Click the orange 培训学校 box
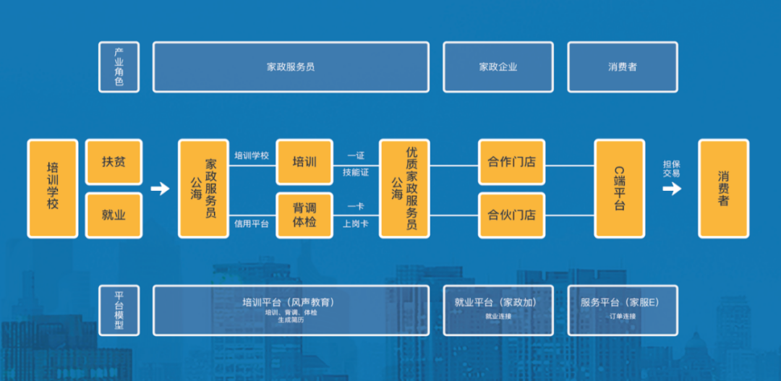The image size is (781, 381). click(52, 189)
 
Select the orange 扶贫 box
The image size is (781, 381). click(114, 162)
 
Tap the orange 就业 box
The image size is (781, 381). click(114, 215)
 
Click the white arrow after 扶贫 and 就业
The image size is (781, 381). click(160, 189)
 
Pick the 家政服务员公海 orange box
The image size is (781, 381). click(203, 189)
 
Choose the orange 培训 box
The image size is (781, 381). click(304, 162)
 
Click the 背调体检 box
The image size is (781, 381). click(304, 215)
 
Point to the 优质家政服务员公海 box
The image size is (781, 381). click(405, 189)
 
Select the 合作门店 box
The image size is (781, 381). click(511, 162)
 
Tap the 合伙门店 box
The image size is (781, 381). click(511, 215)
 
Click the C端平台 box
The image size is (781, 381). click(619, 189)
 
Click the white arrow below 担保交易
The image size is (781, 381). click(672, 189)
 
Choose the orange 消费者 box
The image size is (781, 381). click(723, 189)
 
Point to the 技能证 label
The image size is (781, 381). click(356, 173)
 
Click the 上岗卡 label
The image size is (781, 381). click(356, 224)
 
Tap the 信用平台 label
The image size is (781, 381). click(252, 224)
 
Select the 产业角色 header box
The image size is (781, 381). click(119, 67)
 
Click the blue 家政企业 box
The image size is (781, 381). click(498, 67)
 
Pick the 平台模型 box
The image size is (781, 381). click(119, 310)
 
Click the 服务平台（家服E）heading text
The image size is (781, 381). click(620, 302)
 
